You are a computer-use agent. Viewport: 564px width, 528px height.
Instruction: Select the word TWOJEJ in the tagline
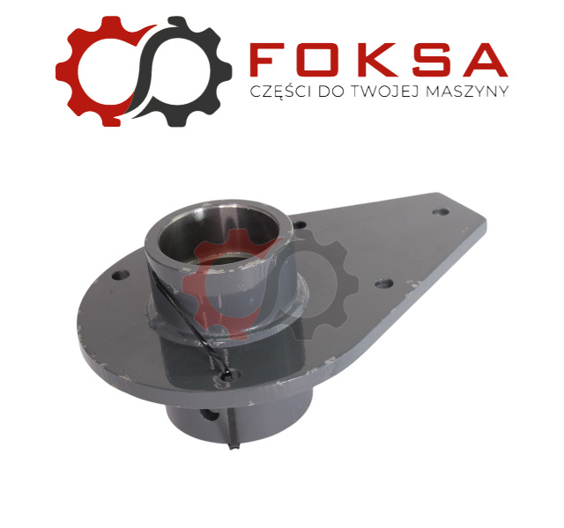tap(384, 92)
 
